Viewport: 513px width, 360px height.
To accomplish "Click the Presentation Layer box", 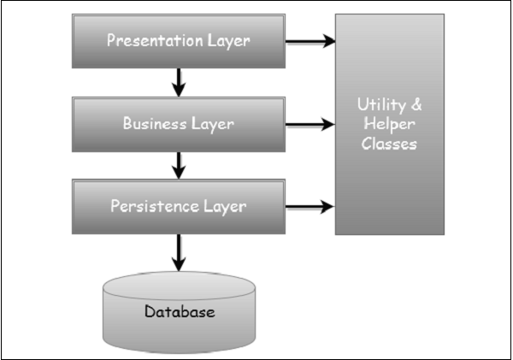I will (178, 41).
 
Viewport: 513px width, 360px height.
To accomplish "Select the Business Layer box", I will (178, 124).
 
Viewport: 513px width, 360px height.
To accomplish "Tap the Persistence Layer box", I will (178, 207).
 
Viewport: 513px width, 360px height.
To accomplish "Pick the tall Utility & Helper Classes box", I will (389, 124).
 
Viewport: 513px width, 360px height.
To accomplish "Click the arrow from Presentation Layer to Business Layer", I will (179, 82).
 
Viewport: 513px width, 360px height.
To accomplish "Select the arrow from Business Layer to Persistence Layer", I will (179, 165).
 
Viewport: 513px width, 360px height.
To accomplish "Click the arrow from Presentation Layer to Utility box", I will (310, 41).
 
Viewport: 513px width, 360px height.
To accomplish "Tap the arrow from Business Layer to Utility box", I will (310, 124).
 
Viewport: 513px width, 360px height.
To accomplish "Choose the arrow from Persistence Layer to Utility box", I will (310, 207).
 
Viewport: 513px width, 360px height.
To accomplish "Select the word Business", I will (154, 124).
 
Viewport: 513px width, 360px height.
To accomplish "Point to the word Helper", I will (389, 125).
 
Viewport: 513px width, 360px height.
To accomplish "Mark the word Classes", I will (389, 144).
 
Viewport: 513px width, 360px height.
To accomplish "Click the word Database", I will (179, 312).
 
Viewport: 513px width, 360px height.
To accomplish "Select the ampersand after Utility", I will (417, 105).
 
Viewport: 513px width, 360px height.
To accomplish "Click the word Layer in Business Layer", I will (214, 124).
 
